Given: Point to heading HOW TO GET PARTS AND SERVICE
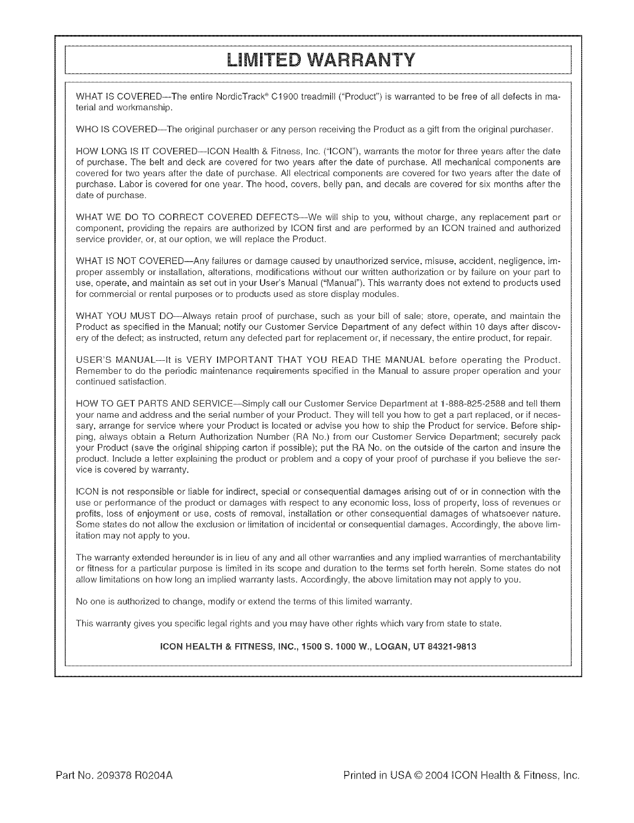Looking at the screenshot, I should click(x=151, y=404).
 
